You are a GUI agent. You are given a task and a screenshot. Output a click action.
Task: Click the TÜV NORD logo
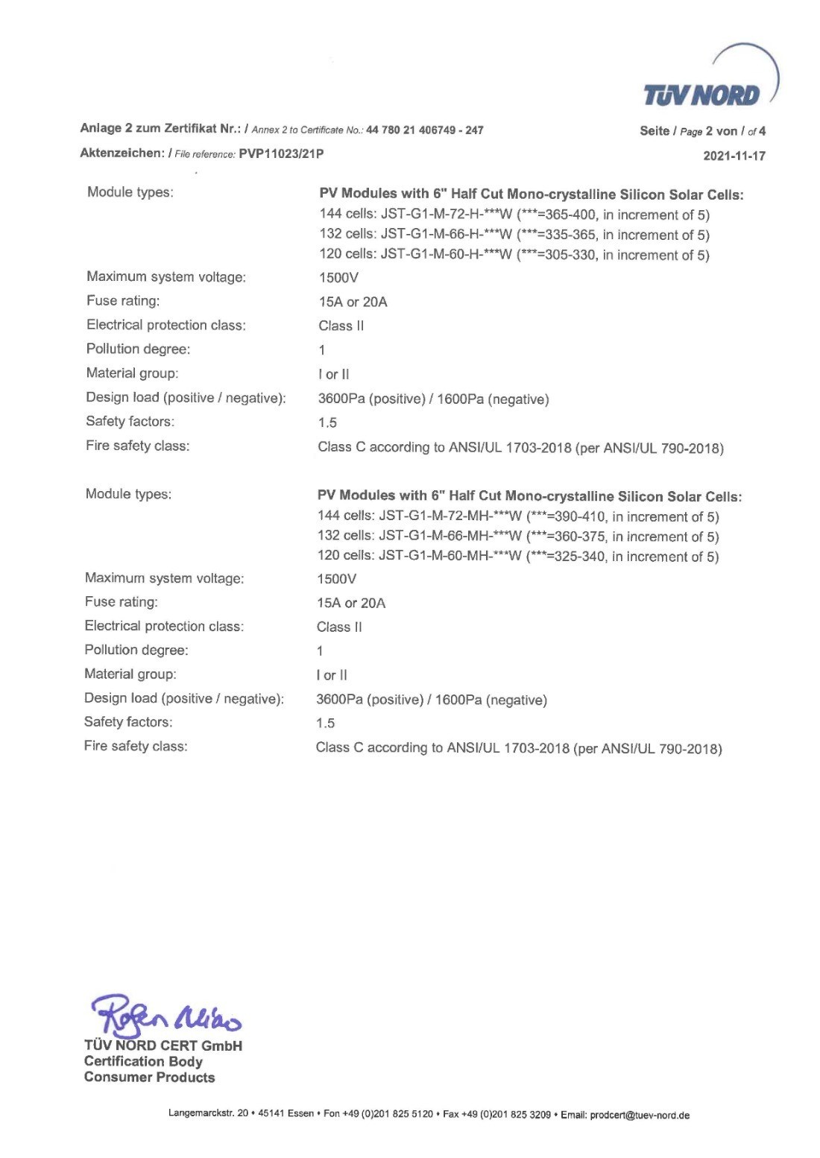tap(702, 95)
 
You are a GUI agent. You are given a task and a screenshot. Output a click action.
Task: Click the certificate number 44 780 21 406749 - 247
tap(425, 130)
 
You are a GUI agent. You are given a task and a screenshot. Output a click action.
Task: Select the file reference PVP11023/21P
tap(282, 154)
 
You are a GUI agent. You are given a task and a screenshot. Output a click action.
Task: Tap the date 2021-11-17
tap(734, 156)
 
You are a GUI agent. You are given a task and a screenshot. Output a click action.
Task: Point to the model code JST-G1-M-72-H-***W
tap(446, 215)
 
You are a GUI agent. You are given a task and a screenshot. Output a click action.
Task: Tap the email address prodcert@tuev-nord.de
tap(640, 1115)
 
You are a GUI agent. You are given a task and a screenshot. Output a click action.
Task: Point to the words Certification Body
tap(143, 1061)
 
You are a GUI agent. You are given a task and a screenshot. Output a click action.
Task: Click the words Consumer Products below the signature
tap(149, 1078)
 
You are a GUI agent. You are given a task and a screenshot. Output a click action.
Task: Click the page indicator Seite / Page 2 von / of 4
tap(702, 131)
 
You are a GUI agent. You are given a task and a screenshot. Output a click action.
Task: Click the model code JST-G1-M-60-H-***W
tap(446, 256)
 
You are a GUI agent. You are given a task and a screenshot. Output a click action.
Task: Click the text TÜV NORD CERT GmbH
tap(163, 1045)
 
